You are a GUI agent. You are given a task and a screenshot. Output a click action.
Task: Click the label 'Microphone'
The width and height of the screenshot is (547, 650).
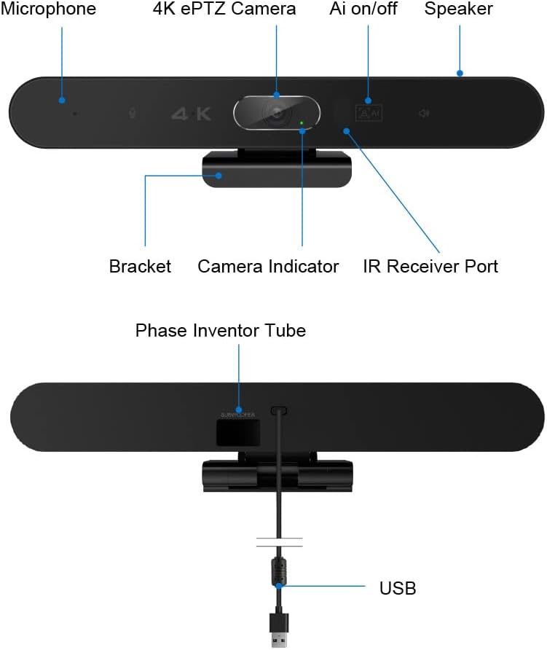[x=48, y=9]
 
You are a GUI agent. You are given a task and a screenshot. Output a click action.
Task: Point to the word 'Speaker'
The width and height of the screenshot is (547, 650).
[x=458, y=9]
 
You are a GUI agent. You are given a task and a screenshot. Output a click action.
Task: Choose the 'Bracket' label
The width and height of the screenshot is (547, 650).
[x=140, y=266]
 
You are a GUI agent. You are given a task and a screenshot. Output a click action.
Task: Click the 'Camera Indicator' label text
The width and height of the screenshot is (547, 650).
[x=268, y=266]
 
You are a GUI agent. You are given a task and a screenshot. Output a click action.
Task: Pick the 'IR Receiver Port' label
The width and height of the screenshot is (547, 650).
[x=430, y=266]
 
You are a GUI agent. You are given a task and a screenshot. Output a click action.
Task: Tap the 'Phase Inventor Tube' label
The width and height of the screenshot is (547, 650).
[x=221, y=331]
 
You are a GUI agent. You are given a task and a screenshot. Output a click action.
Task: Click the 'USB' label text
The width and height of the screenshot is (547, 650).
[x=398, y=587]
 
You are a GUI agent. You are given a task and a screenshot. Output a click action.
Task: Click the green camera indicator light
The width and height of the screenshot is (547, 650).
[x=301, y=122]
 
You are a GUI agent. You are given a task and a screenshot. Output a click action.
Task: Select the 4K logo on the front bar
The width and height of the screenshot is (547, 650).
[x=191, y=114]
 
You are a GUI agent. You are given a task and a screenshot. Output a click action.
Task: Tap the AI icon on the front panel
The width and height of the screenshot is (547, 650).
[x=368, y=113]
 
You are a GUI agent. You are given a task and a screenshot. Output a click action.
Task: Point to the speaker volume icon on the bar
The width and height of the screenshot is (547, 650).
[x=424, y=114]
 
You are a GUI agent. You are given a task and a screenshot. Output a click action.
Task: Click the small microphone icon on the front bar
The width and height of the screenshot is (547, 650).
[x=132, y=114]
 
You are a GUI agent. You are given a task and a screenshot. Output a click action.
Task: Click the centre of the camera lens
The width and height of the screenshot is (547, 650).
[x=277, y=114]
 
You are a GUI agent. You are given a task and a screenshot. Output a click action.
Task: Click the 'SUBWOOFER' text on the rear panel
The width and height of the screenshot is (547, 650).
[x=238, y=415]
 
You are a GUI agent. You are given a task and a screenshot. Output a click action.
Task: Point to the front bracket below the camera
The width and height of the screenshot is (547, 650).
[x=277, y=170]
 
